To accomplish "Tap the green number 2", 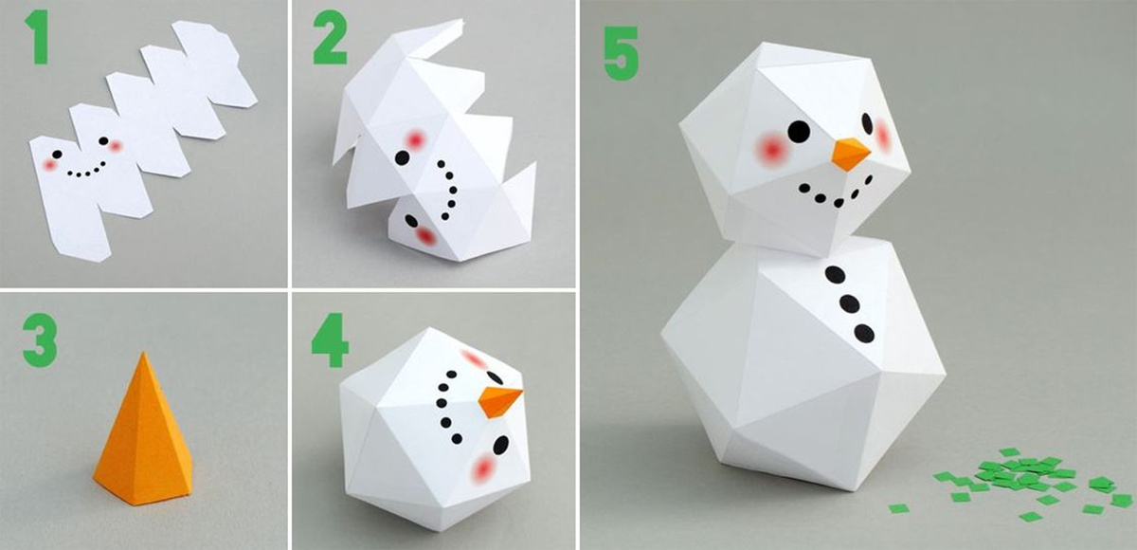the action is click(331, 38).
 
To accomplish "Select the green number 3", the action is click(40, 340).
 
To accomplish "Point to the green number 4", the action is click(331, 339).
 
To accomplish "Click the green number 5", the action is click(622, 53).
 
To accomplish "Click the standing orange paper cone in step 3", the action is click(144, 431).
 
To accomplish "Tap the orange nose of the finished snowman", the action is click(850, 154).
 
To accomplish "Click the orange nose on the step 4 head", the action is click(499, 401).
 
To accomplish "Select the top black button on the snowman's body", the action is click(835, 275).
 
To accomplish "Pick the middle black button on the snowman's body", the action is click(850, 303).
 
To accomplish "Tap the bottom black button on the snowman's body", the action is click(864, 333).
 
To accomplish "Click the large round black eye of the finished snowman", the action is click(799, 132).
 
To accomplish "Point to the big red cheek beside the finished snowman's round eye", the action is click(771, 148).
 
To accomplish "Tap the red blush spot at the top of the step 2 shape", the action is click(416, 139).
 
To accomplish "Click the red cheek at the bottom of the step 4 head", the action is click(482, 468).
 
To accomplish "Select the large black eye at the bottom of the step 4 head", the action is click(501, 445).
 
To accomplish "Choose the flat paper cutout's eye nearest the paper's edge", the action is click(57, 154).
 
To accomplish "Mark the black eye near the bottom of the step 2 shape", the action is click(411, 221).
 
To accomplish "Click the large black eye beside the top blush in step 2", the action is click(402, 157).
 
